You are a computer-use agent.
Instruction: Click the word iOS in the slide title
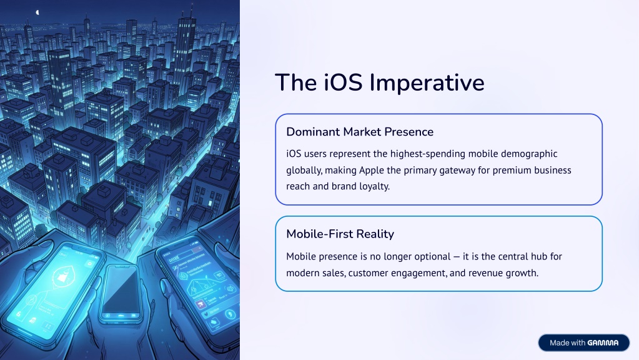tap(343, 82)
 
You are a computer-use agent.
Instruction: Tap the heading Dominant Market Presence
tap(360, 132)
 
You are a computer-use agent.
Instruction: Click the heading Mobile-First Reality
tap(340, 234)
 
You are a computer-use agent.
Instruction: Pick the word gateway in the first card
tap(458, 171)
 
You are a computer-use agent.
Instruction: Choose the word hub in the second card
tap(540, 256)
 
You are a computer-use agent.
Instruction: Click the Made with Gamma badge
tap(583, 343)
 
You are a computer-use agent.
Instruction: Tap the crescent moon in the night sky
tap(37, 12)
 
